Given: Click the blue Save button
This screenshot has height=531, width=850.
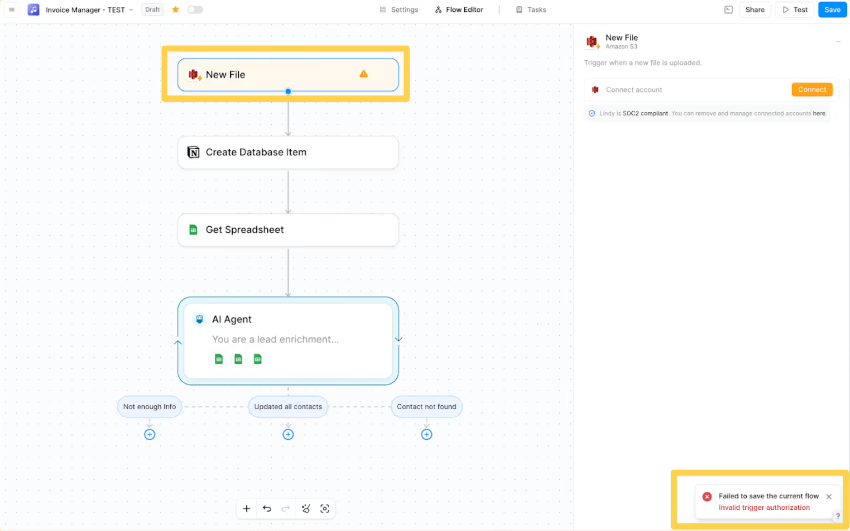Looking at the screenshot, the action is [832, 10].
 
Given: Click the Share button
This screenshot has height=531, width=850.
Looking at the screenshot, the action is [755, 10].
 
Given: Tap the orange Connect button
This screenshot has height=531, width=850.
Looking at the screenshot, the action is [812, 90].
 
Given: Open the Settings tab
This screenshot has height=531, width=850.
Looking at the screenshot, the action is [399, 10].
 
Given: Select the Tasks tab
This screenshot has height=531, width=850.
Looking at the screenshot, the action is [531, 10].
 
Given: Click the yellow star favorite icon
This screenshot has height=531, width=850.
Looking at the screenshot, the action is [176, 10].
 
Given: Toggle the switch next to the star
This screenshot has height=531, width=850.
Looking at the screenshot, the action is [195, 10].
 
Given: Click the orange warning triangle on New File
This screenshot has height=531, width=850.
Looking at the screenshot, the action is [363, 74].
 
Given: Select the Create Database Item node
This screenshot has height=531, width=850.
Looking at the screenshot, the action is [288, 152].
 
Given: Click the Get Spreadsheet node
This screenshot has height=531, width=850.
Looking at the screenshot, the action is [288, 230].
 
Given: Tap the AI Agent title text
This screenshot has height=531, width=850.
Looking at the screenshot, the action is [232, 319].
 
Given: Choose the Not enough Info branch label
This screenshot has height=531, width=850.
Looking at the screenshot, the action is [150, 407].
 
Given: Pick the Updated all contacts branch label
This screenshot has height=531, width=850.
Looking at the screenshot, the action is [288, 407].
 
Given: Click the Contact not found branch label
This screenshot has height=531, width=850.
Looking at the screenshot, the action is [426, 407].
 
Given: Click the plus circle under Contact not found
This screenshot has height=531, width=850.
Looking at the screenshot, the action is [426, 435].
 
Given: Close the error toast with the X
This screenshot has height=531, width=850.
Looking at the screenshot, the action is [829, 496].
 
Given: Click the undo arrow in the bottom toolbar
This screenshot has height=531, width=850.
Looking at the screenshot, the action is [267, 509].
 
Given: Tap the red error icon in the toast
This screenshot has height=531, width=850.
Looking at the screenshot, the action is [707, 496].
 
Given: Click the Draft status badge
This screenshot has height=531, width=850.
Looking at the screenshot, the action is [152, 10].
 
